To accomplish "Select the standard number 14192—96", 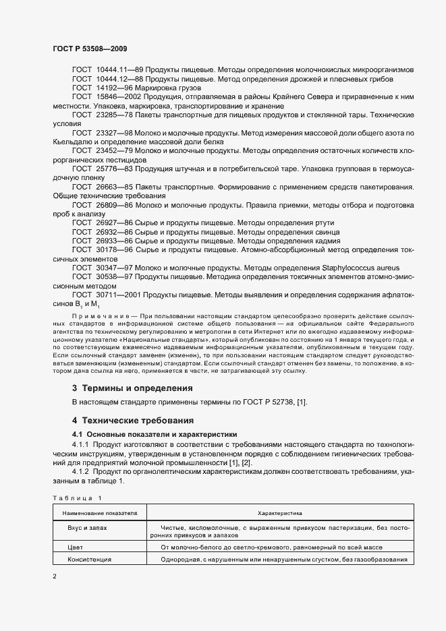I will tap(115, 88).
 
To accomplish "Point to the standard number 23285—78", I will tap(115, 115).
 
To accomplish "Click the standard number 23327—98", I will tap(115, 133).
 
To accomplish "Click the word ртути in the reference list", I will tap(323, 222).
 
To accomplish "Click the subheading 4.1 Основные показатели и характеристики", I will tap(155, 434).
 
